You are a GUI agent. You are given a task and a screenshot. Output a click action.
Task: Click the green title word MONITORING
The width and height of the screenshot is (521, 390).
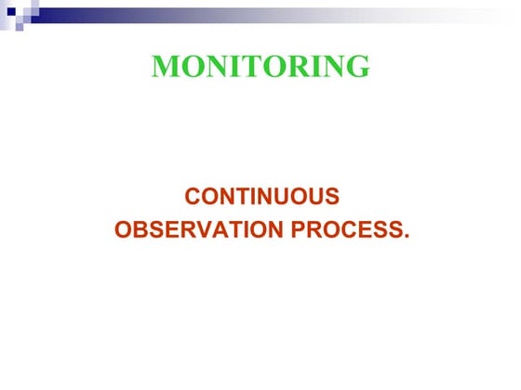(x=260, y=67)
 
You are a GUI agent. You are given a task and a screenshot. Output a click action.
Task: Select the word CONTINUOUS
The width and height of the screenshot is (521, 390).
(x=261, y=197)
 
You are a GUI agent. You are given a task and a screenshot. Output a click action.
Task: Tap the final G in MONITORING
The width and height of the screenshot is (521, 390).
(x=357, y=67)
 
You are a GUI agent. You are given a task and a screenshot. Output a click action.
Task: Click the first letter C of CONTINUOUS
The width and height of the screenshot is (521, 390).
(x=193, y=197)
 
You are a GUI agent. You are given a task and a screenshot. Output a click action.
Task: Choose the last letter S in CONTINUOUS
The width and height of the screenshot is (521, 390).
(x=331, y=197)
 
